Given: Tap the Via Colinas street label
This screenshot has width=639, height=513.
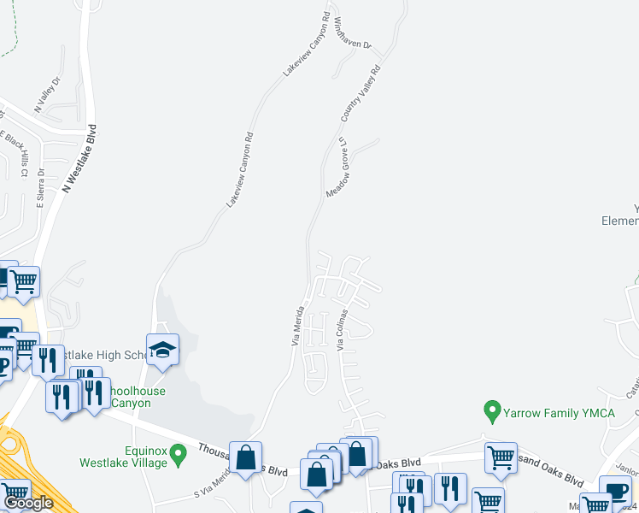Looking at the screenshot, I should point(343,330).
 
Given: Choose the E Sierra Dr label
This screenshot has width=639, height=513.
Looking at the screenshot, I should point(40,188).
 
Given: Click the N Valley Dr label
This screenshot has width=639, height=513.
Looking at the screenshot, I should point(47,96).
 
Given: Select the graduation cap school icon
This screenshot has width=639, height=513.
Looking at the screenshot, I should point(162,350).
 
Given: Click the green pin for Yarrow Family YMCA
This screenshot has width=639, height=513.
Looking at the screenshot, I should point(491,412).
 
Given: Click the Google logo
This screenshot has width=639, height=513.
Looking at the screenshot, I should point(28,504).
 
